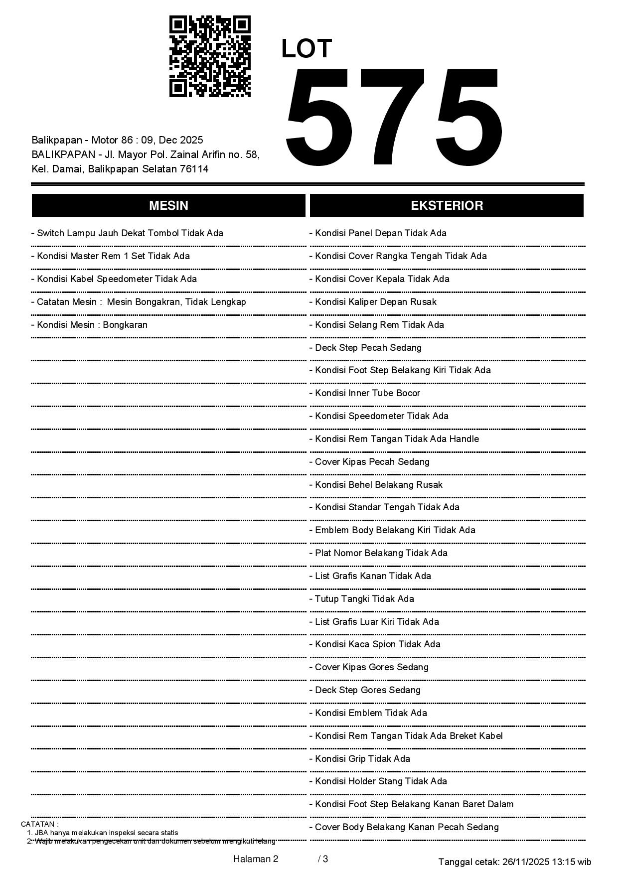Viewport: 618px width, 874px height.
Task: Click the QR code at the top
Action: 210,56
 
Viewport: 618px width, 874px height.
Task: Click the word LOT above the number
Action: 307,49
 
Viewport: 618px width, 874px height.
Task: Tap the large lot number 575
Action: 394,119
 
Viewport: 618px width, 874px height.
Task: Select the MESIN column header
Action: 168,205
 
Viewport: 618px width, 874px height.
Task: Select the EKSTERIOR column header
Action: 447,205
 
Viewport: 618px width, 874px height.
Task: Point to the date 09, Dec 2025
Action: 172,140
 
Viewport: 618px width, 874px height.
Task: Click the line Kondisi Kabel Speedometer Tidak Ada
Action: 117,279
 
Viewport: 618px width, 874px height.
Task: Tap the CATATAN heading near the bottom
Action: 39,824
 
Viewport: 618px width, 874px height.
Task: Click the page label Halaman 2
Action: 255,859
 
